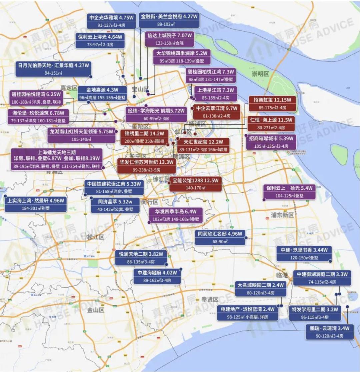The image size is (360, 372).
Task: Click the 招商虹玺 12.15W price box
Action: tap(272, 103)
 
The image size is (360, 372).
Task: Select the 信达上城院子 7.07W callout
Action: tap(170, 39)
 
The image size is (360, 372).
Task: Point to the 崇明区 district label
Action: tap(260, 74)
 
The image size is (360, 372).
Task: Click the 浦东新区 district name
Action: tap(282, 215)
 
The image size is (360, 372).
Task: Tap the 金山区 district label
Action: tap(95, 310)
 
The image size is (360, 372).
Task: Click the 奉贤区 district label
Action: tap(209, 299)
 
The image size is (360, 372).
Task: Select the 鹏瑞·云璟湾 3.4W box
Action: tap(329, 332)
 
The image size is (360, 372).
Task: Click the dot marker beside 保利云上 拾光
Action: tap(264, 200)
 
